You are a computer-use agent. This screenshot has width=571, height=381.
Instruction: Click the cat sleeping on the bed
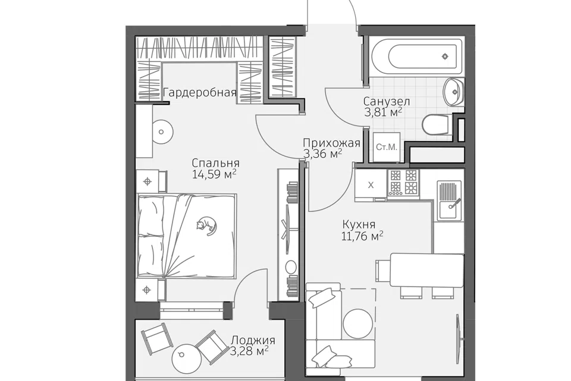(x=206, y=226)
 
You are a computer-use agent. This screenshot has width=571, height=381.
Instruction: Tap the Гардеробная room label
(x=200, y=93)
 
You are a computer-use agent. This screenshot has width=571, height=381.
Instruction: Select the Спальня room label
(x=215, y=163)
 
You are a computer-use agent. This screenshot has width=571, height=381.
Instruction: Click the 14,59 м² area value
(x=215, y=174)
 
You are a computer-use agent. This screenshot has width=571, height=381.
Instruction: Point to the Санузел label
(x=387, y=101)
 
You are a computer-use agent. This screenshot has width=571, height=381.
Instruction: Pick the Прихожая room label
(x=331, y=143)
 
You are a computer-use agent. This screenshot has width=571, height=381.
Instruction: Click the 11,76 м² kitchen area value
(x=362, y=236)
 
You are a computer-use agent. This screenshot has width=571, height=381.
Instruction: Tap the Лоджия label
(x=253, y=341)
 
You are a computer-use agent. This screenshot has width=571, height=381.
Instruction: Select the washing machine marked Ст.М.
(x=387, y=146)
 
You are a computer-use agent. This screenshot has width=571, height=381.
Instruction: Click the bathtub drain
(x=445, y=56)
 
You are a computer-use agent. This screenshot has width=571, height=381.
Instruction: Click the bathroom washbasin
(x=453, y=92)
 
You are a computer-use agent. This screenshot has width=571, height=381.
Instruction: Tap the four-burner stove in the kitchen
(x=403, y=183)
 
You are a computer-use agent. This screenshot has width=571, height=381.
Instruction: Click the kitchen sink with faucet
(x=450, y=200)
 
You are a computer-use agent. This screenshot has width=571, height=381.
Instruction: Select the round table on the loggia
(x=186, y=358)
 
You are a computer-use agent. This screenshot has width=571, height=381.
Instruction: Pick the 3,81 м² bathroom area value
(x=383, y=111)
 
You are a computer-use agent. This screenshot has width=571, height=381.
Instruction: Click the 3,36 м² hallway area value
(x=322, y=154)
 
